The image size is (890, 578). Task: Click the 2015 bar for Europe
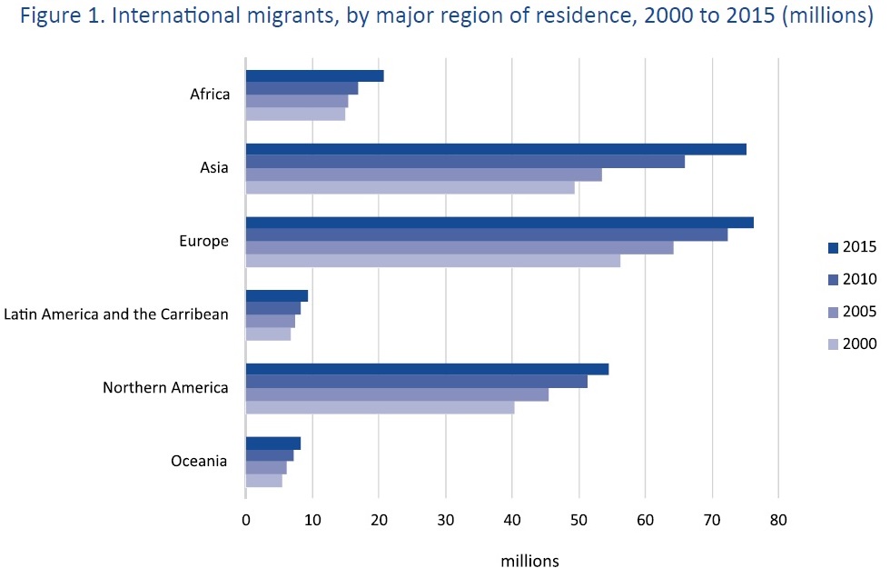point(499,223)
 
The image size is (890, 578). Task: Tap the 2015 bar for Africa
point(314,75)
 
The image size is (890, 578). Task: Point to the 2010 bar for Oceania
point(270,455)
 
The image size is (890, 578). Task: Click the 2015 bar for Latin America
point(277,295)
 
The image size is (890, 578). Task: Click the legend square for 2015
point(833,247)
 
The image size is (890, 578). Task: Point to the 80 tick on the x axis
point(777,521)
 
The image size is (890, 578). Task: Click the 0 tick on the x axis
point(246,521)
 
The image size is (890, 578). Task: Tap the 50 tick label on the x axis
point(578,521)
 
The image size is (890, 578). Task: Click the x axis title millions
point(531,561)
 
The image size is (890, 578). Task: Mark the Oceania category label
point(199,462)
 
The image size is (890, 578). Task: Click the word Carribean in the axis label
point(191,314)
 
